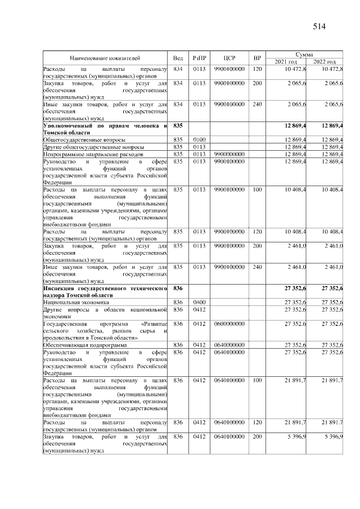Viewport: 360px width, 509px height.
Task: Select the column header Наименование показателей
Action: [x=105, y=58]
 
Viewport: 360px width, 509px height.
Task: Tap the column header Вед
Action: [x=178, y=58]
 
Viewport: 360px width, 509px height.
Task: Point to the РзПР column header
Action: [x=199, y=58]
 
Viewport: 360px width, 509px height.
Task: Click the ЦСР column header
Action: [x=229, y=58]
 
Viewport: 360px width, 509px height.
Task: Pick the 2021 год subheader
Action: [x=286, y=61]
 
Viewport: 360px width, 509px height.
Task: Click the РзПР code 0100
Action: [x=199, y=139]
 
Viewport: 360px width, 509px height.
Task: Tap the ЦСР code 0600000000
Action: [x=229, y=324]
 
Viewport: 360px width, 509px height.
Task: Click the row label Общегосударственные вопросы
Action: [x=84, y=139]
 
